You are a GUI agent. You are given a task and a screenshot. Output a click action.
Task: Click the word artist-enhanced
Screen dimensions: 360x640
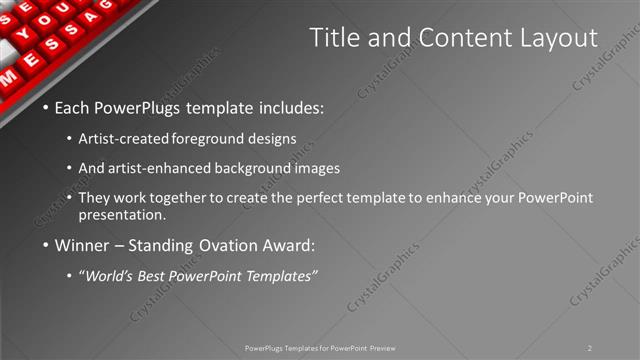click(x=173, y=167)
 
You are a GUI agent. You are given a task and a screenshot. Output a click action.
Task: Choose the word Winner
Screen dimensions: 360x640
click(x=82, y=244)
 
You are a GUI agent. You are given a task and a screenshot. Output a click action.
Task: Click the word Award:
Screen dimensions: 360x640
click(x=287, y=244)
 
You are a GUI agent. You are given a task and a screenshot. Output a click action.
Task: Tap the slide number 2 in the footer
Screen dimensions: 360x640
click(x=590, y=347)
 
